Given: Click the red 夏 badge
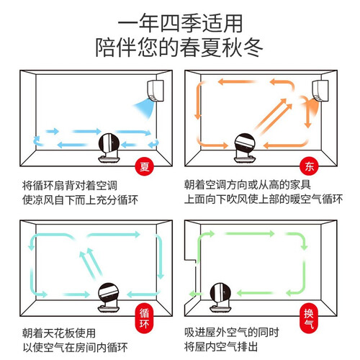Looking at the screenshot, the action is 145,166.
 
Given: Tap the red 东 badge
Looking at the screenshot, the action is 309,166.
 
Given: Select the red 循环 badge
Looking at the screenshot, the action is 144,318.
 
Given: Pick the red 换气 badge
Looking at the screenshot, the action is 309,318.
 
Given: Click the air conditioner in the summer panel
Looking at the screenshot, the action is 156,91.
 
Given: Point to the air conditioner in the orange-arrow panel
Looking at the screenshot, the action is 320,91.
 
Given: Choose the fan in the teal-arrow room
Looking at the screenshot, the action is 109,297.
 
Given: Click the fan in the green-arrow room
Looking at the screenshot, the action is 220,297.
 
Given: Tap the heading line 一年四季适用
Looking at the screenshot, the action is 180,23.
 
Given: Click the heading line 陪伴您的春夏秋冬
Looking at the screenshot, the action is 179,48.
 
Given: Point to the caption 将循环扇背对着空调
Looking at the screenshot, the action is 70,186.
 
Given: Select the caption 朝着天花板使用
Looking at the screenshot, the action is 59,333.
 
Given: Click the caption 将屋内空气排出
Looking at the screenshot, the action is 221,347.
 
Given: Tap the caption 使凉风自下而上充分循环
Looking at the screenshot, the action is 80,200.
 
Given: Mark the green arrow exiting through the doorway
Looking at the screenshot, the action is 196,294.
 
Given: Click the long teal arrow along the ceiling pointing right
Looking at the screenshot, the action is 113,235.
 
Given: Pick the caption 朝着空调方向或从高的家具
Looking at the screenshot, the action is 248,185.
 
